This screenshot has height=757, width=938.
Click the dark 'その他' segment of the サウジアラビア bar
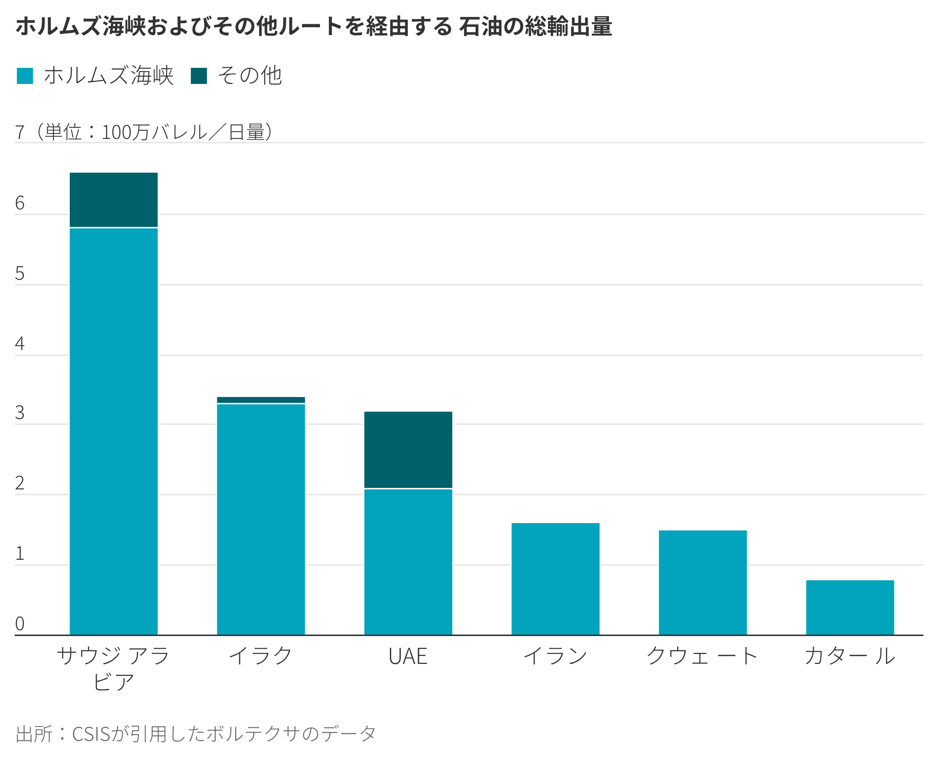pyautogui.click(x=113, y=200)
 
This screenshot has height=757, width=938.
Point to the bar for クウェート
pyautogui.click(x=703, y=583)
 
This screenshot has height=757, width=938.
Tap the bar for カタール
pyautogui.click(x=850, y=607)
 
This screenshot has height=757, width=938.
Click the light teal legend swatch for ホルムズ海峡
pyautogui.click(x=25, y=76)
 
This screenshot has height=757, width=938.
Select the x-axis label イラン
pyautogui.click(x=555, y=657)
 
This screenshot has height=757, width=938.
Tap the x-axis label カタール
pyautogui.click(x=850, y=657)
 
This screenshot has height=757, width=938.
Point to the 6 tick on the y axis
pyautogui.click(x=20, y=203)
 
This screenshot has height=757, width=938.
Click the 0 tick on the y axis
pyautogui.click(x=20, y=624)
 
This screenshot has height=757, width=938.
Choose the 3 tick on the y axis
pyautogui.click(x=20, y=412)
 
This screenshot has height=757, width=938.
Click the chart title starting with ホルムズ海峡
pyautogui.click(x=314, y=26)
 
